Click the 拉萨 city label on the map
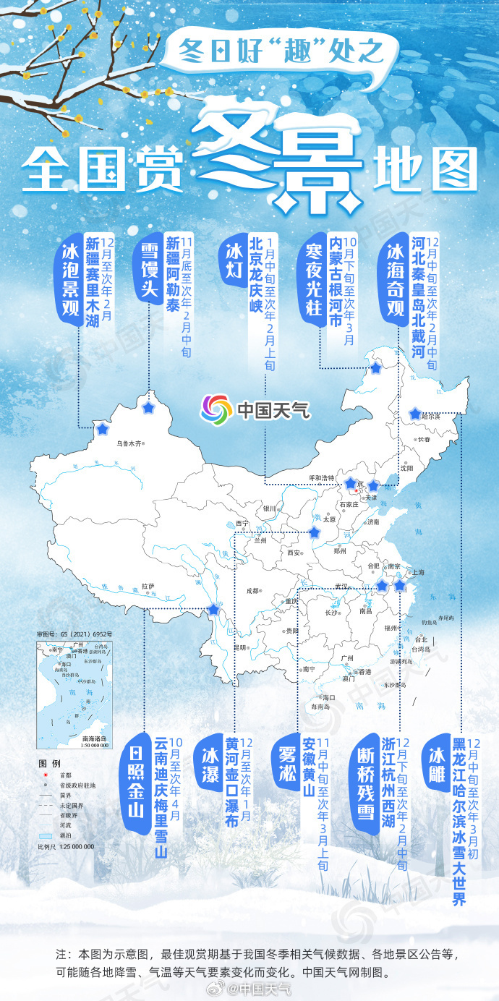(148, 587)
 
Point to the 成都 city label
(252, 590)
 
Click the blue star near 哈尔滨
(414, 414)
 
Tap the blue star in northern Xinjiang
(149, 409)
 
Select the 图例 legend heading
(48, 764)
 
